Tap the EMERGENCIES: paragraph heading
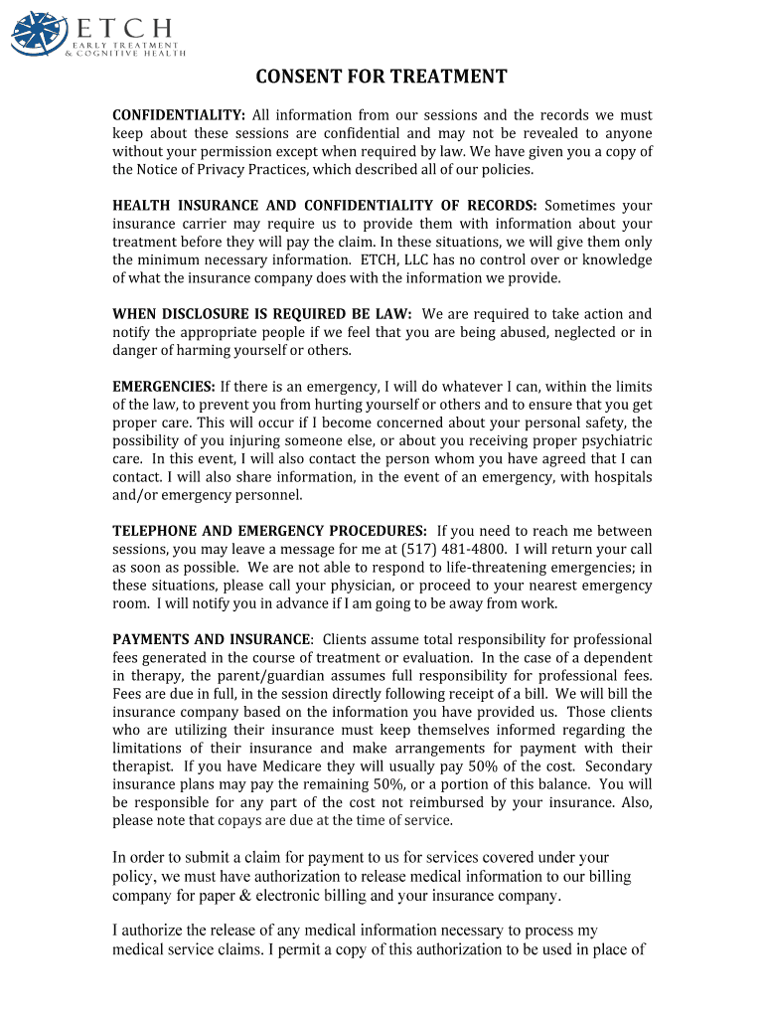(x=164, y=387)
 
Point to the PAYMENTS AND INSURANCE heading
(x=213, y=639)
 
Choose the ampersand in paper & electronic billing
(x=305, y=896)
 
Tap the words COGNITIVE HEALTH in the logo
(x=128, y=55)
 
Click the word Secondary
(x=619, y=766)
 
